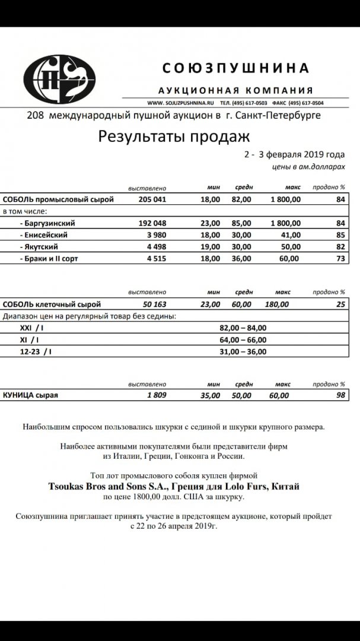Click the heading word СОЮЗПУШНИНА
pos(235,68)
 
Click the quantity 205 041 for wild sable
pos(152,199)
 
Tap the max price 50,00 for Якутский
pos(291,247)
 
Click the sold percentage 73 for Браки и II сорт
pos(340,259)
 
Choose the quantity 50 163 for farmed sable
pos(152,304)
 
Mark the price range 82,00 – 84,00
pos(243,328)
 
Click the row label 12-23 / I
pos(36,351)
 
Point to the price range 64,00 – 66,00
pos(243,339)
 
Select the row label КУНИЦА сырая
pos(31,395)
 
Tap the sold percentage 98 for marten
pos(340,395)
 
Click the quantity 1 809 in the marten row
pos(156,395)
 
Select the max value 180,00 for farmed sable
pos(277,304)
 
